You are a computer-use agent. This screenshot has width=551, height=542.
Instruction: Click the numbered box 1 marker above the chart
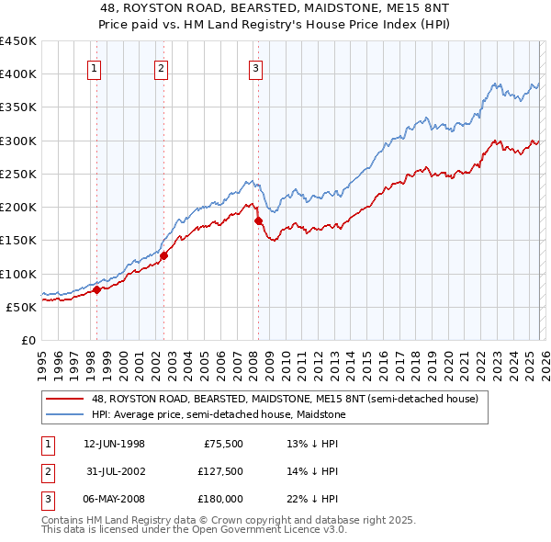point(96,67)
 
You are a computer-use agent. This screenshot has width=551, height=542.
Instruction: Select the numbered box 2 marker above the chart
point(161,67)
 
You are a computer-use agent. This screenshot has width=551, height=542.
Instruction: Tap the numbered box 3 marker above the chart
point(255,67)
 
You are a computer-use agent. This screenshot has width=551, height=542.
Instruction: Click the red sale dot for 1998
point(96,289)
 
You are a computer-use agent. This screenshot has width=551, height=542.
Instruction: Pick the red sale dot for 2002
point(163,255)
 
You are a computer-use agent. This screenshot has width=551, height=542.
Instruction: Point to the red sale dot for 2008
point(258,220)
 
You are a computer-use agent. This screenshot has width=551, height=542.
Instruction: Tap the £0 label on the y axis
point(28,340)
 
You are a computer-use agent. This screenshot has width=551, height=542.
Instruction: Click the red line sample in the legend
point(64,400)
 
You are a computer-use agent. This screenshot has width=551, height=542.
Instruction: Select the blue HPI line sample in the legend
point(64,415)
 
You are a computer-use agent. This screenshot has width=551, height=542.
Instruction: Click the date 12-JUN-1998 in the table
point(114,444)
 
